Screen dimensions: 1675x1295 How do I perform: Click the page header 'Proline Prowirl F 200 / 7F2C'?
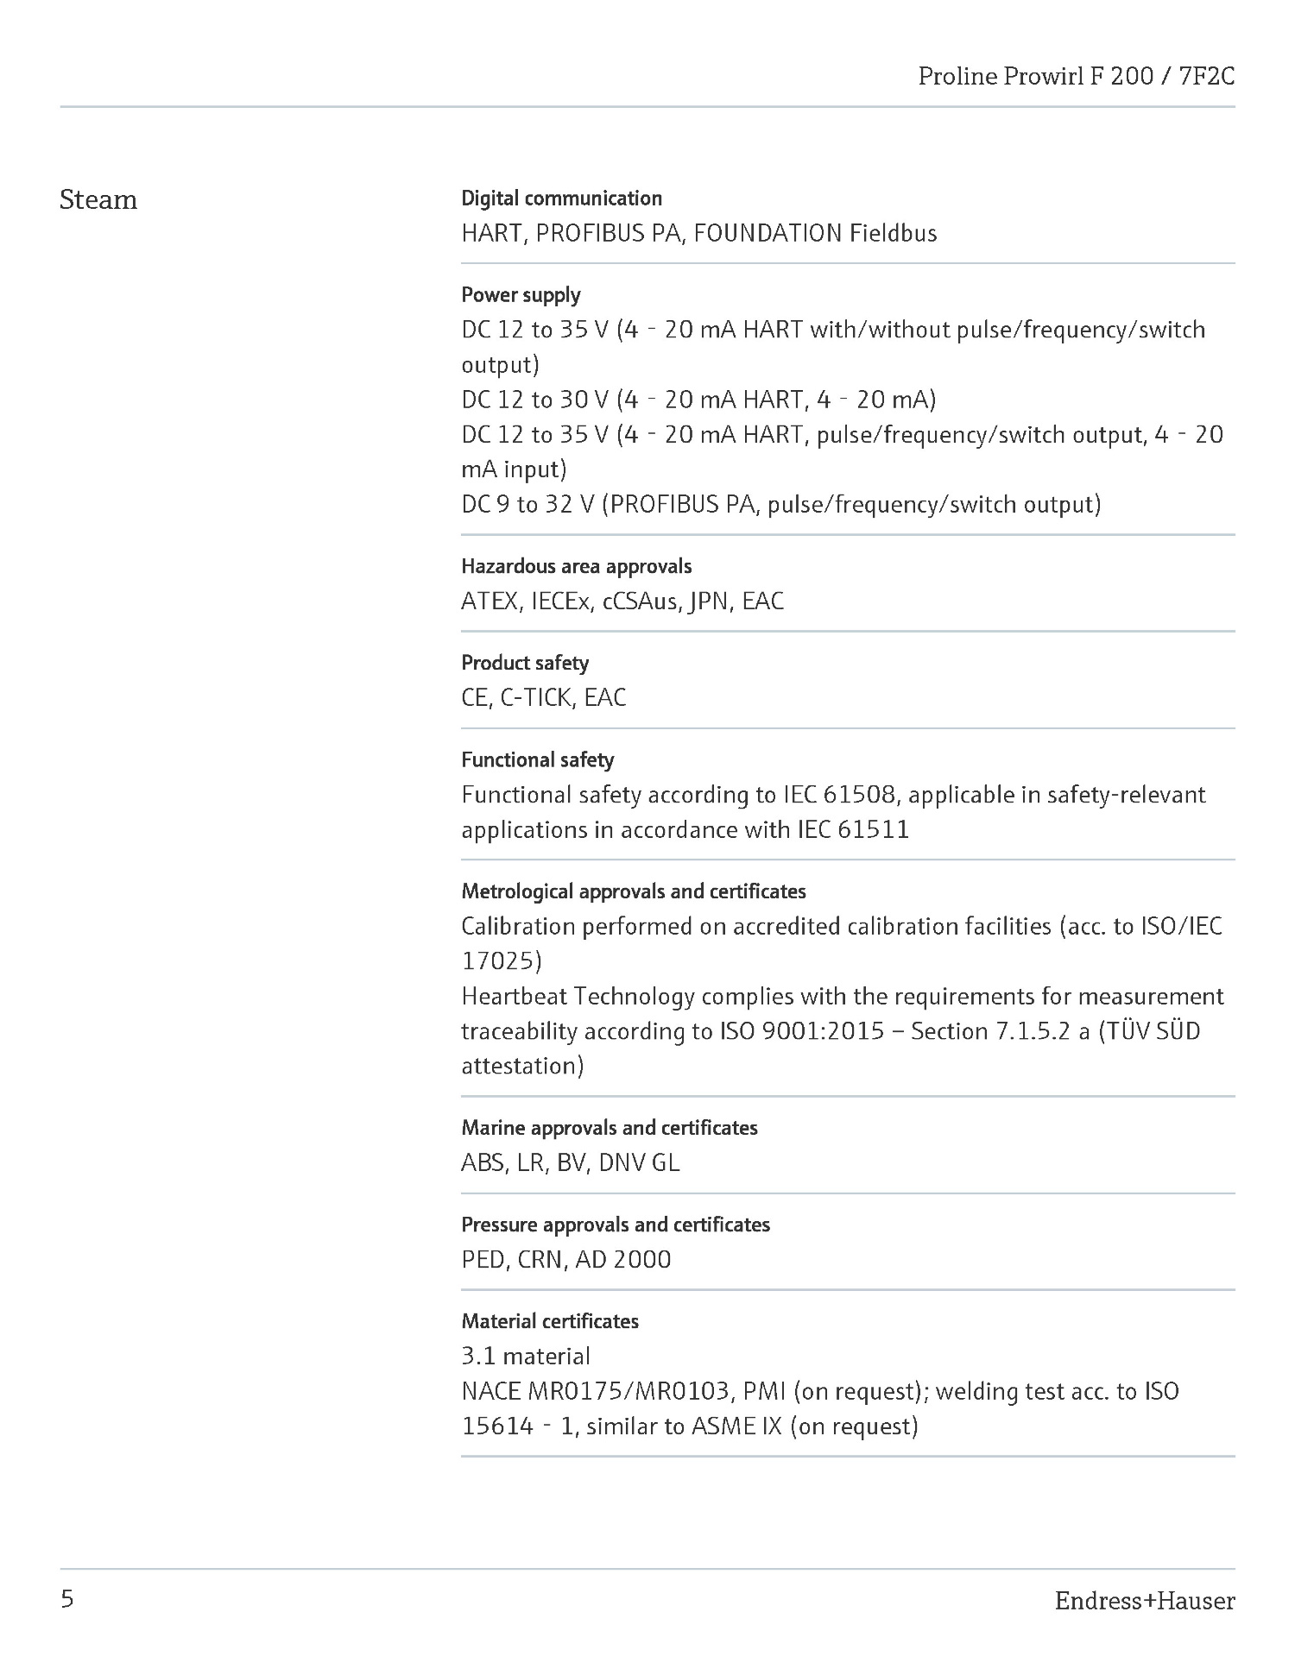[1076, 77]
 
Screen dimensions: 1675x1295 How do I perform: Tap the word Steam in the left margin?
[98, 200]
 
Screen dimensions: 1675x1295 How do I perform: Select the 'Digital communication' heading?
[561, 198]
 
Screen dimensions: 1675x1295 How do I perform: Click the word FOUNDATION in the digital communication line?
[768, 233]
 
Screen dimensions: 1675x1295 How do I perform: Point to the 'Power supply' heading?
[521, 295]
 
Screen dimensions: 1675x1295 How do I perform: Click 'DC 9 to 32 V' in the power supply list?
[527, 504]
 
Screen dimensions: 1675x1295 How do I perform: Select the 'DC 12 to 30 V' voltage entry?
[535, 400]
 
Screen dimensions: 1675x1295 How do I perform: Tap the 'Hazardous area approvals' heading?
[576, 566]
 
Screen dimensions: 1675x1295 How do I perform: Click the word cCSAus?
[640, 601]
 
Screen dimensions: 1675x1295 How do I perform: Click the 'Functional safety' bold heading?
[537, 759]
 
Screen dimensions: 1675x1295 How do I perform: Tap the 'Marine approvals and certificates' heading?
[609, 1128]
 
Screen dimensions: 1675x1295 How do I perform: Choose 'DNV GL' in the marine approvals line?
[639, 1163]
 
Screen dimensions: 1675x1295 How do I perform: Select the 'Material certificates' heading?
[550, 1321]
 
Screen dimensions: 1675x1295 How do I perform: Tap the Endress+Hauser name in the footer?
[1144, 1601]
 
